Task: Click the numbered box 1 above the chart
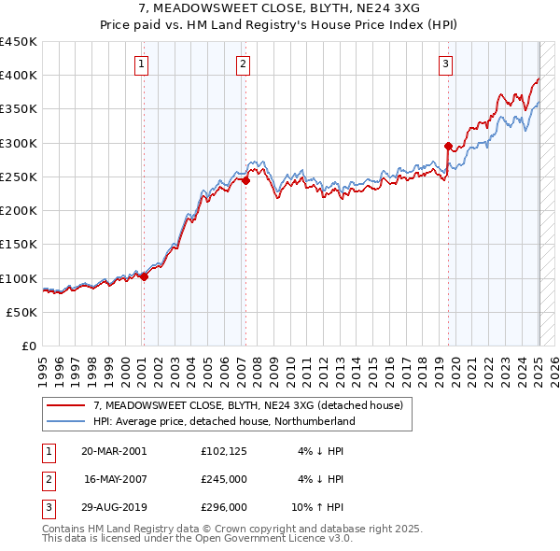click(x=140, y=64)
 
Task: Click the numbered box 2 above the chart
click(x=243, y=64)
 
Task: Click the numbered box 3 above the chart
click(x=446, y=64)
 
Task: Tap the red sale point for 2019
click(x=448, y=146)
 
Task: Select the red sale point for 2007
click(x=245, y=181)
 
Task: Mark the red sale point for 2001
click(x=145, y=276)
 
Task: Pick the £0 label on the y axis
click(x=28, y=346)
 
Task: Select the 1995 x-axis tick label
click(x=43, y=368)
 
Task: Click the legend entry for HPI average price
click(x=224, y=421)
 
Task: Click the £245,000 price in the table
click(x=224, y=479)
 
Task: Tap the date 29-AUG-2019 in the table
click(x=114, y=507)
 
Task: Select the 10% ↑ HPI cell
click(x=319, y=507)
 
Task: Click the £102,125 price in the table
click(x=224, y=451)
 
